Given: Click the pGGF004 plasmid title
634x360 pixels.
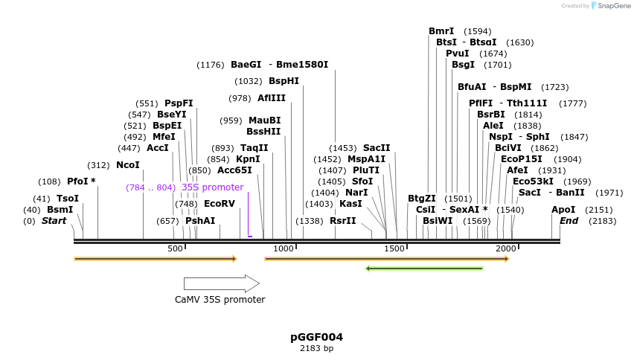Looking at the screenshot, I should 316,337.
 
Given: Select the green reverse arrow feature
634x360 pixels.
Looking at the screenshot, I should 424,269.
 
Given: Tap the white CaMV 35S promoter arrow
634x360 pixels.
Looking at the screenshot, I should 221,283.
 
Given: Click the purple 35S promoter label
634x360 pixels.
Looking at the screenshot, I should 212,187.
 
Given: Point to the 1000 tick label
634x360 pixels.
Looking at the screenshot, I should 284,248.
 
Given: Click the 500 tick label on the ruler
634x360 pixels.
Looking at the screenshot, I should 175,248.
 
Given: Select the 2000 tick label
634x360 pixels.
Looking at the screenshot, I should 505,248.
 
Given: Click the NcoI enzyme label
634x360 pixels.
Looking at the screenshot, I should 127,165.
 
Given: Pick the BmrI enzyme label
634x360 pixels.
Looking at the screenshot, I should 441,31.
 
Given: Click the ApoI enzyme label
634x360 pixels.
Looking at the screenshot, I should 563,210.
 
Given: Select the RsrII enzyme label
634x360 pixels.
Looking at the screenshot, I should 342,221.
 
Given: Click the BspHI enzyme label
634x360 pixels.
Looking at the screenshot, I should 284,81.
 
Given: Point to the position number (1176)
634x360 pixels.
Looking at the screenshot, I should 210,65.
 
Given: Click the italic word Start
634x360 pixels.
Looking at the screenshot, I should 54,221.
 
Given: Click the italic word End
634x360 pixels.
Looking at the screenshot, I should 569,221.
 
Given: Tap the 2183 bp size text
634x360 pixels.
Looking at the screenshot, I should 316,348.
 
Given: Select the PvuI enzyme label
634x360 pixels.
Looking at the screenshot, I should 457,54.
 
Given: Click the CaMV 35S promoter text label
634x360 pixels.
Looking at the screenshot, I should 215,300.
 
